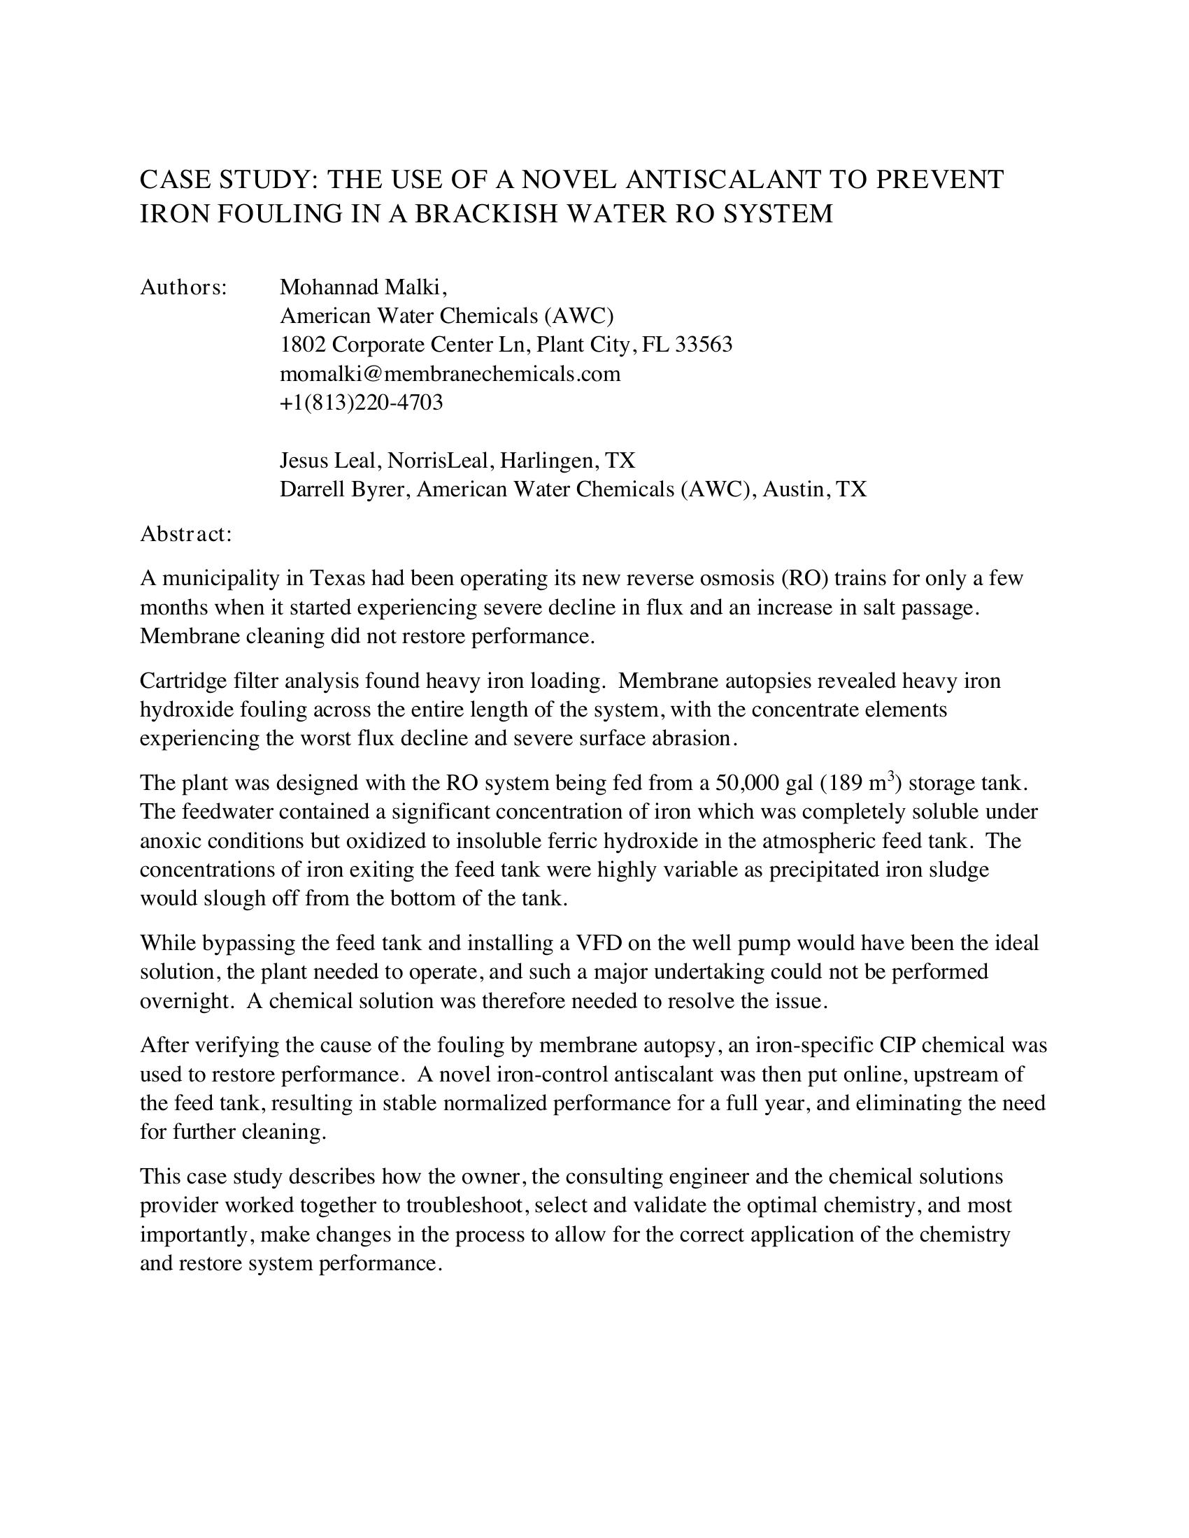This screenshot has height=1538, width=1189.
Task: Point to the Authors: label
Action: [x=183, y=287]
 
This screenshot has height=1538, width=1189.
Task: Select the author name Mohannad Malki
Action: [x=361, y=287]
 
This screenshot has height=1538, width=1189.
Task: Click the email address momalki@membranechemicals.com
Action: [x=450, y=374]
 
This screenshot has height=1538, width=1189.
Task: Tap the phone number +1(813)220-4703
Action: [x=362, y=403]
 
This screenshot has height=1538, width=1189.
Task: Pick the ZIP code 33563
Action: [x=704, y=345]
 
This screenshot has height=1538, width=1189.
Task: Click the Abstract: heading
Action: [x=186, y=534]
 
